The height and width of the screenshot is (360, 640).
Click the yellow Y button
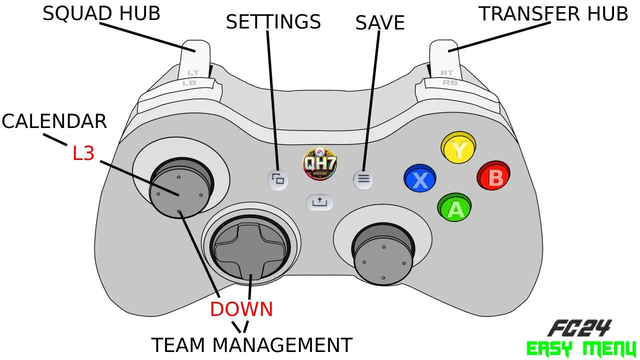pyautogui.click(x=458, y=147)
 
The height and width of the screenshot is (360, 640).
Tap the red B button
pyautogui.click(x=493, y=175)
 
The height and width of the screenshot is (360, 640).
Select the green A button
pyautogui.click(x=454, y=207)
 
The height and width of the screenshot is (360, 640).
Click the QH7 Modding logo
pyautogui.click(x=319, y=163)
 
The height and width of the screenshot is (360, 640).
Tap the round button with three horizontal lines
pyautogui.click(x=363, y=179)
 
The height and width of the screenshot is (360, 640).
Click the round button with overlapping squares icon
pyautogui.click(x=278, y=179)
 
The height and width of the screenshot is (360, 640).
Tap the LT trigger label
pyautogui.click(x=193, y=73)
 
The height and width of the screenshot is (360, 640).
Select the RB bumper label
pyautogui.click(x=450, y=82)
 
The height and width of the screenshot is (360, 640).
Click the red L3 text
pyautogui.click(x=83, y=153)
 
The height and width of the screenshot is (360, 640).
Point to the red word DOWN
pyautogui.click(x=241, y=309)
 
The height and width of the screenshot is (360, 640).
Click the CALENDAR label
pyautogui.click(x=54, y=121)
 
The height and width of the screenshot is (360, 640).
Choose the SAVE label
pyautogui.click(x=380, y=22)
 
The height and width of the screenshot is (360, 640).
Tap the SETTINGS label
pyautogui.click(x=273, y=21)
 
